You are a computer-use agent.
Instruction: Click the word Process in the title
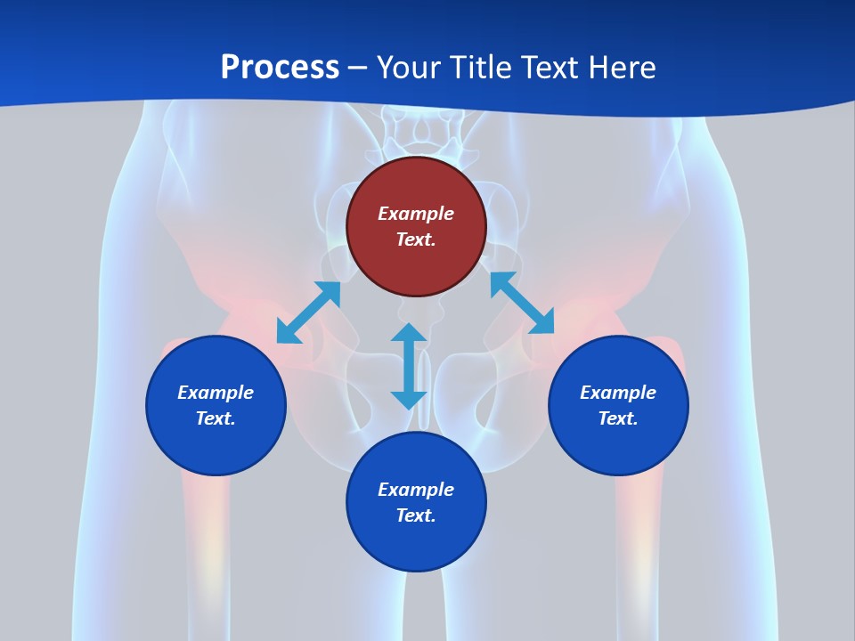tap(280, 67)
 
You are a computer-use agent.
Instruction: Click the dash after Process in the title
tap(358, 69)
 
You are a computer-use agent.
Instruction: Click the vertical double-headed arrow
tap(409, 366)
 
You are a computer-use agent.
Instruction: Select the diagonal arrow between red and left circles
tap(309, 312)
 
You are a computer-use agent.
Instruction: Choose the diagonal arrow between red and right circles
tap(522, 303)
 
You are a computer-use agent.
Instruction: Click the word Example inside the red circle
tap(416, 214)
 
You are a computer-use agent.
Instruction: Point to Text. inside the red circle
tap(416, 239)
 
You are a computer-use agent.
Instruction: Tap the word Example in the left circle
tap(216, 393)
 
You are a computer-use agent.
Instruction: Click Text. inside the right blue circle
tap(618, 418)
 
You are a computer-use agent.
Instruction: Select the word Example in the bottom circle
tap(416, 490)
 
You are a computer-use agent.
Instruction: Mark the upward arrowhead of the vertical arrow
tap(409, 333)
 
